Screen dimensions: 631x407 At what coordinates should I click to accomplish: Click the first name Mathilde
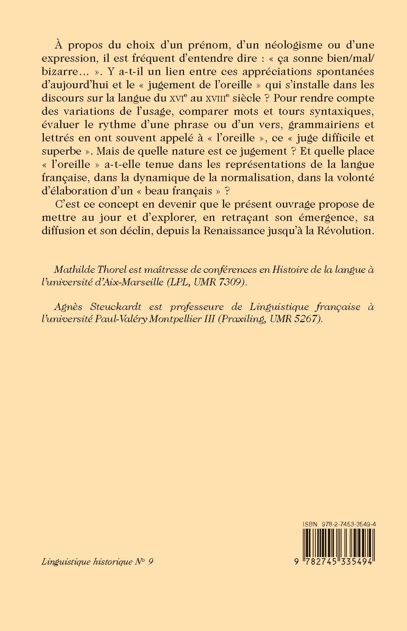point(74,270)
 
